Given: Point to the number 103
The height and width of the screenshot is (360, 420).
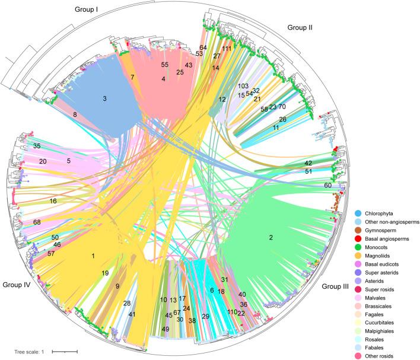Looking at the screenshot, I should pos(243,86).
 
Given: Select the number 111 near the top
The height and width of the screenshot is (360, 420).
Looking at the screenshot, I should pos(227,49).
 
